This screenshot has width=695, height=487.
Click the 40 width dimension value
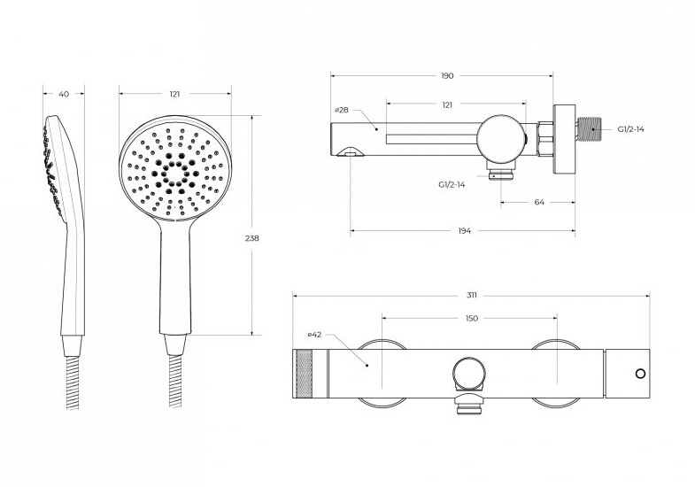tap(64, 94)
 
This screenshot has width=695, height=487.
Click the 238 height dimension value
tap(252, 238)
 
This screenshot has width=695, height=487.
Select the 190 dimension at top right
tap(447, 76)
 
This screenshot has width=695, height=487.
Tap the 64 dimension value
tap(539, 202)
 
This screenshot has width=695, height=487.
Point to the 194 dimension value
tap(465, 230)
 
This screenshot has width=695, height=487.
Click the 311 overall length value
tap(472, 295)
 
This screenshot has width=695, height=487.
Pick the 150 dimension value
tap(472, 318)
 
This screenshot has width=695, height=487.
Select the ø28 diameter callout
tap(341, 110)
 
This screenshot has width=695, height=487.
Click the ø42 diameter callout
tap(313, 335)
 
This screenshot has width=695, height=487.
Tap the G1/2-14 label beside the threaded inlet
tap(630, 129)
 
